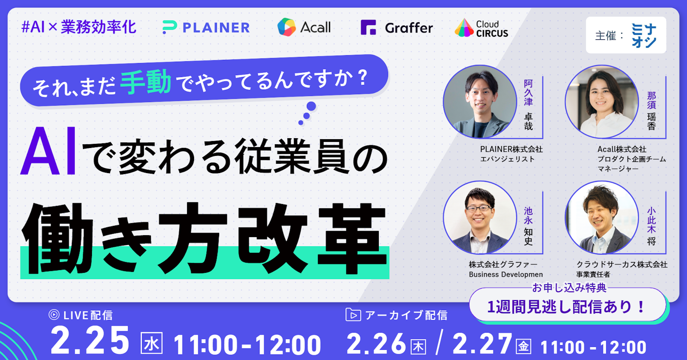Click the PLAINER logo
(206, 27)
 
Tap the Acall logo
(304, 27)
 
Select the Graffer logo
(397, 27)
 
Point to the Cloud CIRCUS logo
(481, 28)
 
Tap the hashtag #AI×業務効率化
(79, 27)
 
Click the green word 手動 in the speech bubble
(146, 81)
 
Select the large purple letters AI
(48, 151)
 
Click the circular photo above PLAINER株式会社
(480, 102)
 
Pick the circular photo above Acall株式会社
(602, 102)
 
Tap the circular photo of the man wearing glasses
(480, 218)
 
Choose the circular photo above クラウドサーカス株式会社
(602, 218)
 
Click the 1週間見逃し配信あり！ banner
(568, 306)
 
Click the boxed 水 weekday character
(151, 343)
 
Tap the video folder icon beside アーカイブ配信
(353, 315)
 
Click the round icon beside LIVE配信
(54, 315)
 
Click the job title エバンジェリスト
(507, 159)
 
